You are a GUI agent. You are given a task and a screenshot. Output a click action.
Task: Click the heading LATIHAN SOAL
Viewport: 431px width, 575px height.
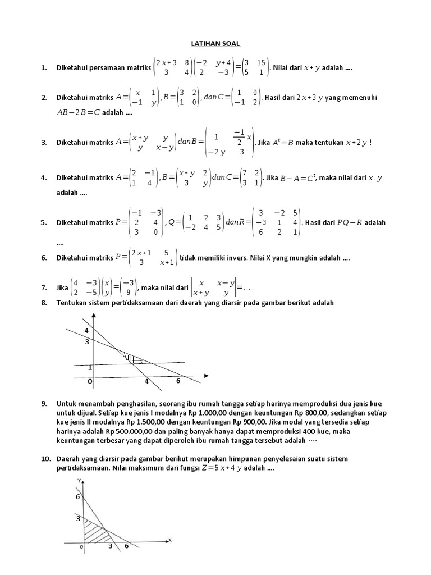(215, 43)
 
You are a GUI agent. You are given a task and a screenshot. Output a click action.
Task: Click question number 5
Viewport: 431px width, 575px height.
(43, 222)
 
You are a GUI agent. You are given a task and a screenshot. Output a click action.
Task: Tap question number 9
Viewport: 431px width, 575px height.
(43, 403)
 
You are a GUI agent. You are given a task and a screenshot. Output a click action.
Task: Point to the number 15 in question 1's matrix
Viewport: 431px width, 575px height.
(261, 62)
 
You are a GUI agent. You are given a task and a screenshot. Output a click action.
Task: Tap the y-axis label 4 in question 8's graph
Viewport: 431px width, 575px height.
(86, 330)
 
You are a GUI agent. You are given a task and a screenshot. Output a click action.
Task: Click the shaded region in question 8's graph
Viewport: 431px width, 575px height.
(132, 358)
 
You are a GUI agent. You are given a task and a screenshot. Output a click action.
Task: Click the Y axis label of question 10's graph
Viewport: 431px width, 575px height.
(80, 480)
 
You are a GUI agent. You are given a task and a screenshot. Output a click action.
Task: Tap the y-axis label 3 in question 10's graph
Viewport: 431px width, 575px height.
(79, 519)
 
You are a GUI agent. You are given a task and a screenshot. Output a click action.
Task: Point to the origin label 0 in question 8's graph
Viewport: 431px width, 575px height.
(89, 382)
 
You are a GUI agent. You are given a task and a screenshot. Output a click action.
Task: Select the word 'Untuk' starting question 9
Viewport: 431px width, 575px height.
(66, 403)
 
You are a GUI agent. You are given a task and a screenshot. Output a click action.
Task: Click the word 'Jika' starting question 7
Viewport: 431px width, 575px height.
(62, 288)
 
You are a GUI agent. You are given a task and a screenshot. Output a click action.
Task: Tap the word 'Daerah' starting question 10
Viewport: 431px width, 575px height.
(68, 459)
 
